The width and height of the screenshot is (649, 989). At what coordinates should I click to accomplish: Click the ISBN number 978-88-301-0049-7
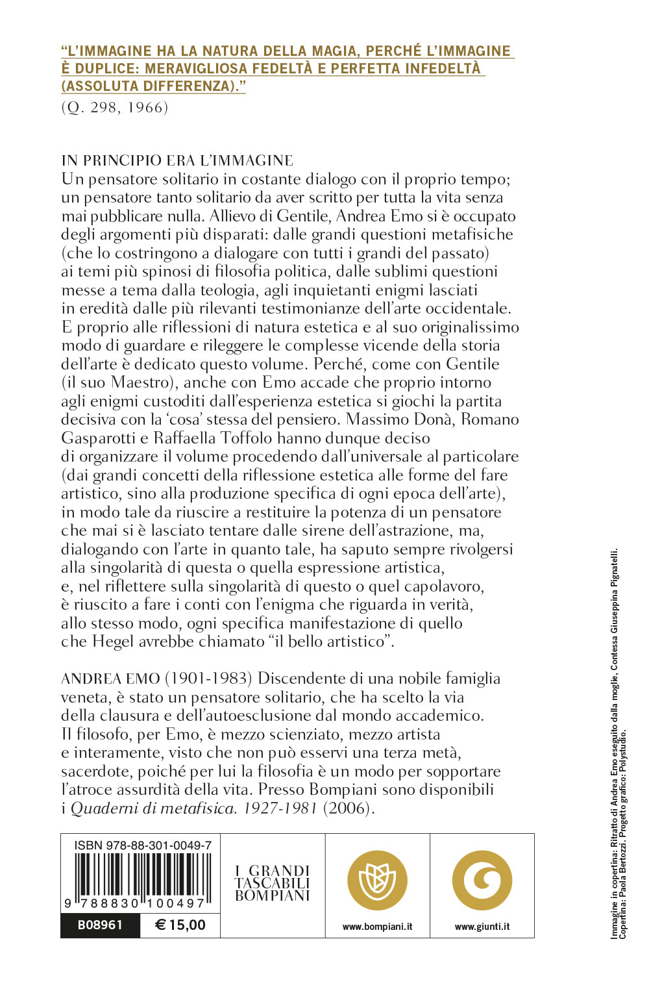click(x=143, y=845)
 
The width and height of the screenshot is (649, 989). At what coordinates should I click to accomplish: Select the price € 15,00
click(x=180, y=925)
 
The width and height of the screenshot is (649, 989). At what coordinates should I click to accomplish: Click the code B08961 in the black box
click(x=100, y=925)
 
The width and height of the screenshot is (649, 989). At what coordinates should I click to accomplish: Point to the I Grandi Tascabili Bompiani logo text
click(x=273, y=883)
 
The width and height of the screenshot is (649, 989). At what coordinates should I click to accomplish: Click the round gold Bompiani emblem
click(x=377, y=881)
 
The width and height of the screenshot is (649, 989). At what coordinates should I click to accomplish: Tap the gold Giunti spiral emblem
click(x=482, y=881)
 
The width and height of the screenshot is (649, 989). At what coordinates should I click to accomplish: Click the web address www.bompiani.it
click(x=377, y=927)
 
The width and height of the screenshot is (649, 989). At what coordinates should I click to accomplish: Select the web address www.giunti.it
click(x=482, y=927)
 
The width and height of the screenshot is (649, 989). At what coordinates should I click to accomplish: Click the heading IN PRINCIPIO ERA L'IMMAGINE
click(x=177, y=160)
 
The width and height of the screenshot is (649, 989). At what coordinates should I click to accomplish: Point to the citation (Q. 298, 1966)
click(x=115, y=108)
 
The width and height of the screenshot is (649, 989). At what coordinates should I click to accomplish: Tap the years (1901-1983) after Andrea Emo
click(x=208, y=679)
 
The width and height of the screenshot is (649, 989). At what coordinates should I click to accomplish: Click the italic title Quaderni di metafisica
click(x=153, y=808)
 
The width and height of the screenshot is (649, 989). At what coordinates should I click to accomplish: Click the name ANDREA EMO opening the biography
click(x=110, y=679)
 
